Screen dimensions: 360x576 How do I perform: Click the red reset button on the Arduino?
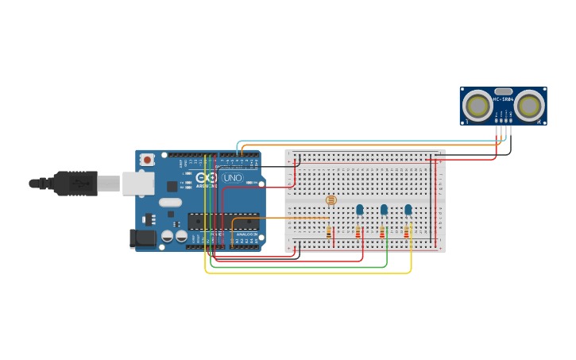pyautogui.click(x=147, y=160)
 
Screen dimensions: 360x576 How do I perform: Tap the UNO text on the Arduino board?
pyautogui.click(x=233, y=178)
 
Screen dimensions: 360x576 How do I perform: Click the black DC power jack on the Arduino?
pyautogui.click(x=143, y=237)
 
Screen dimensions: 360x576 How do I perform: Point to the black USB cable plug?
pyautogui.click(x=75, y=184)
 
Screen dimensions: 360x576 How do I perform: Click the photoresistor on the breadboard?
pyautogui.click(x=331, y=200)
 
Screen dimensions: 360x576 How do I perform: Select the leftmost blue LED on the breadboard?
pyautogui.click(x=359, y=210)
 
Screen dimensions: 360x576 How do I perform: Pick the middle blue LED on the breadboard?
pyautogui.click(x=384, y=210)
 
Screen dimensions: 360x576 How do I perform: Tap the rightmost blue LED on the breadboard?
pyautogui.click(x=408, y=210)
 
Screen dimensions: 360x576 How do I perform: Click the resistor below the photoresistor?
pyautogui.click(x=329, y=232)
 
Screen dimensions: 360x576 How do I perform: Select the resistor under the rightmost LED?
pyautogui.click(x=408, y=232)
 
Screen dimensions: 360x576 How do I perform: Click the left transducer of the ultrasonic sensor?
pyautogui.click(x=477, y=105)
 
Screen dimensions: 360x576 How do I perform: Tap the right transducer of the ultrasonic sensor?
pyautogui.click(x=528, y=105)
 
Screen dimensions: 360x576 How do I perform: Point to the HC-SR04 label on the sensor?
pyautogui.click(x=503, y=99)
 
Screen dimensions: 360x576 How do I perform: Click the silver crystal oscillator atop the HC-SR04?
pyautogui.click(x=503, y=91)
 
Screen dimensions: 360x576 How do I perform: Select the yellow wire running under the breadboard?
pyautogui.click(x=310, y=273)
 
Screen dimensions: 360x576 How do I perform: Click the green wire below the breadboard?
pyautogui.click(x=302, y=267)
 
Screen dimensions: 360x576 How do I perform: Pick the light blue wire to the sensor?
pyautogui.click(x=365, y=141)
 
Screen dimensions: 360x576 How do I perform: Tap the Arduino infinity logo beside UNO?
pyautogui.click(x=206, y=178)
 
